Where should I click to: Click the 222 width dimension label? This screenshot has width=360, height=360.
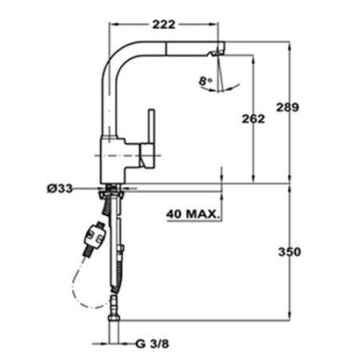[162, 25]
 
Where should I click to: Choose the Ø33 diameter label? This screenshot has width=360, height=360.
[61, 189]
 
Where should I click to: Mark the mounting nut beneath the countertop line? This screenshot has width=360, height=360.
[112, 192]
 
